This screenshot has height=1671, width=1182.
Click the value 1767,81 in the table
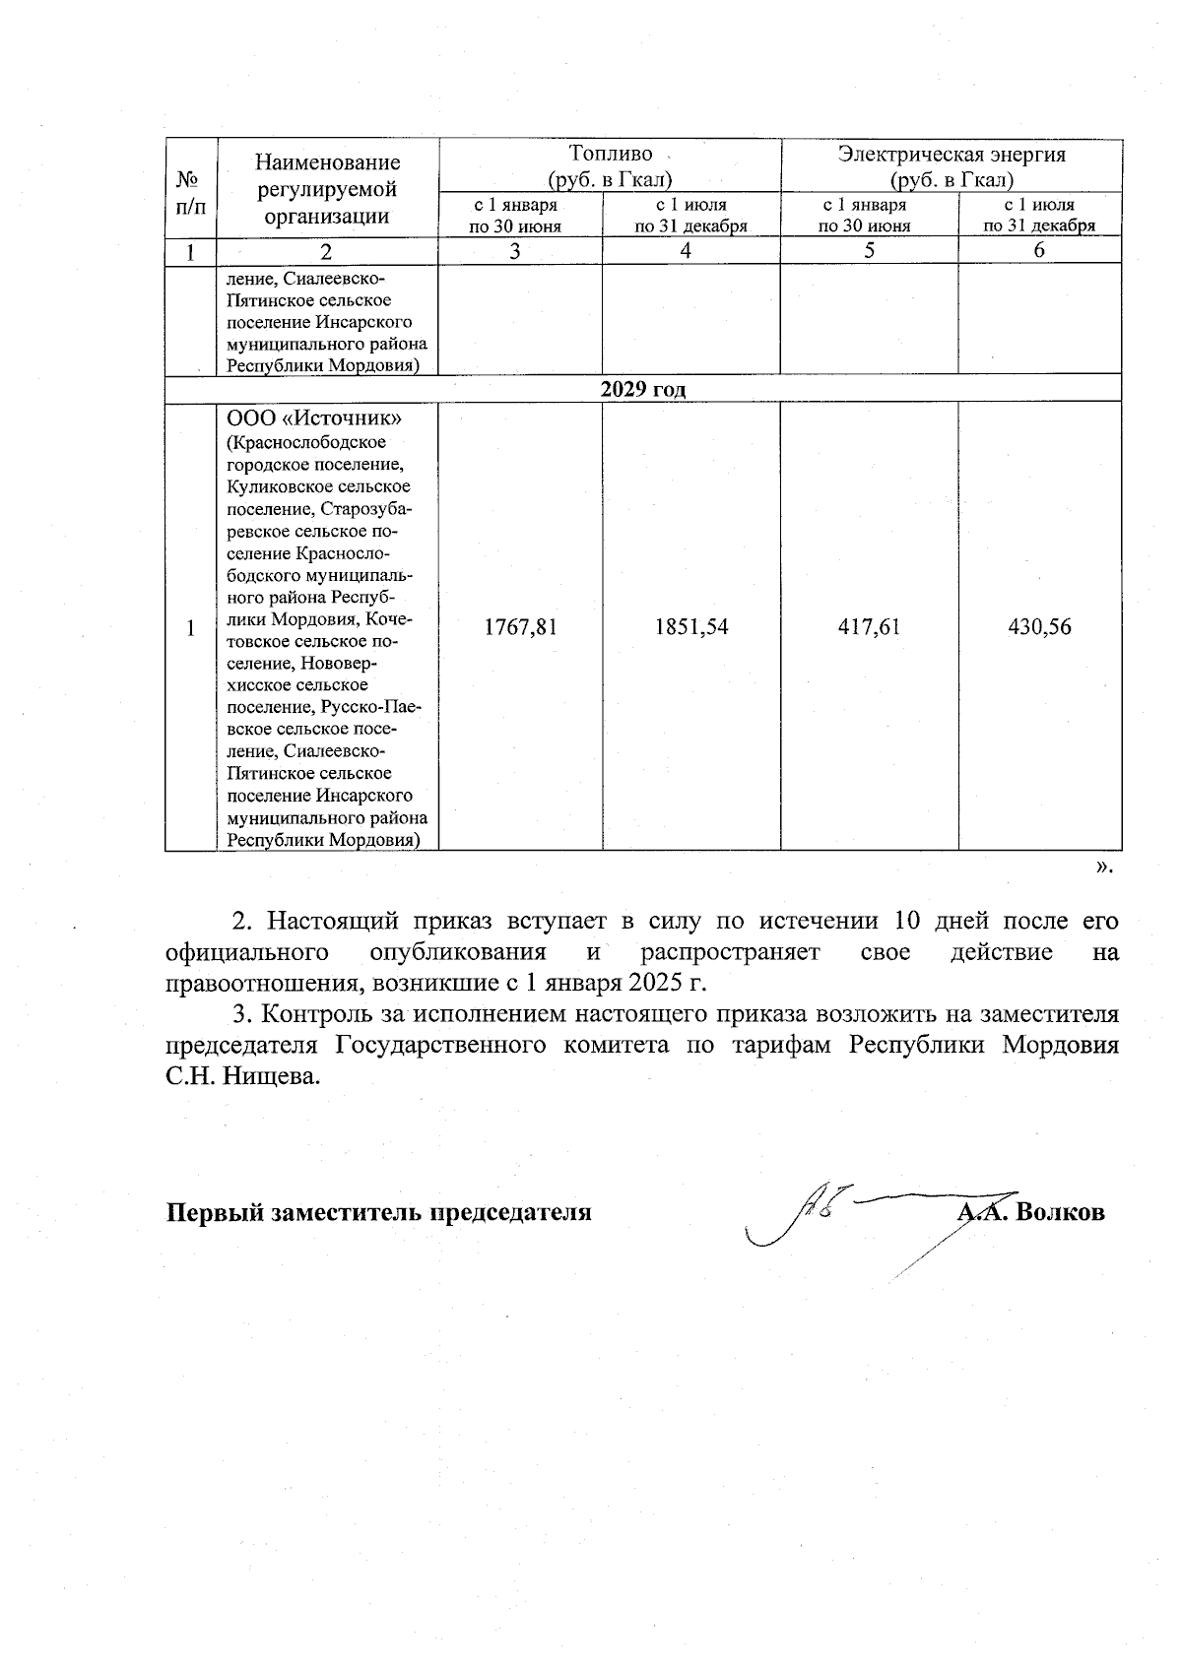click(520, 627)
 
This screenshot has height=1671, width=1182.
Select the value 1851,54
click(690, 627)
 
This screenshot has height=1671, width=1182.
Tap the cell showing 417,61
click(869, 627)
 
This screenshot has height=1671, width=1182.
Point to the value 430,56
click(1039, 627)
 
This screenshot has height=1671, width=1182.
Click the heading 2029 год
click(643, 389)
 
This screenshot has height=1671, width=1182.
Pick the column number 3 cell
click(515, 250)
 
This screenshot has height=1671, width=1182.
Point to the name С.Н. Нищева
click(243, 1076)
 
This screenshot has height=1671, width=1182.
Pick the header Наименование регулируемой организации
click(327, 189)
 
